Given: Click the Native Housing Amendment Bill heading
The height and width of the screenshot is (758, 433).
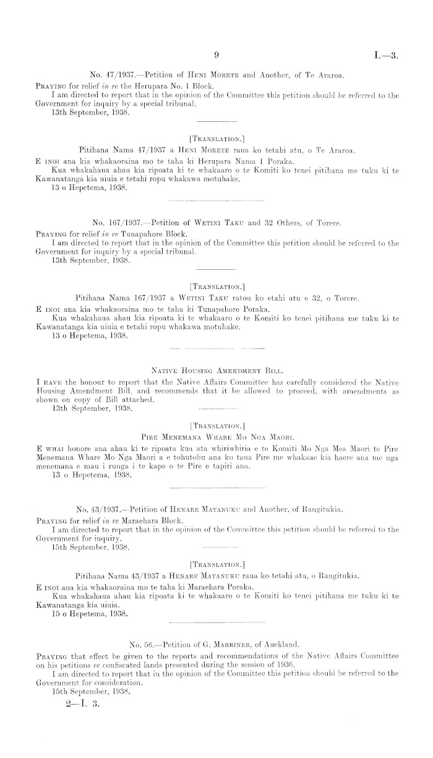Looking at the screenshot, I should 216,371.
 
